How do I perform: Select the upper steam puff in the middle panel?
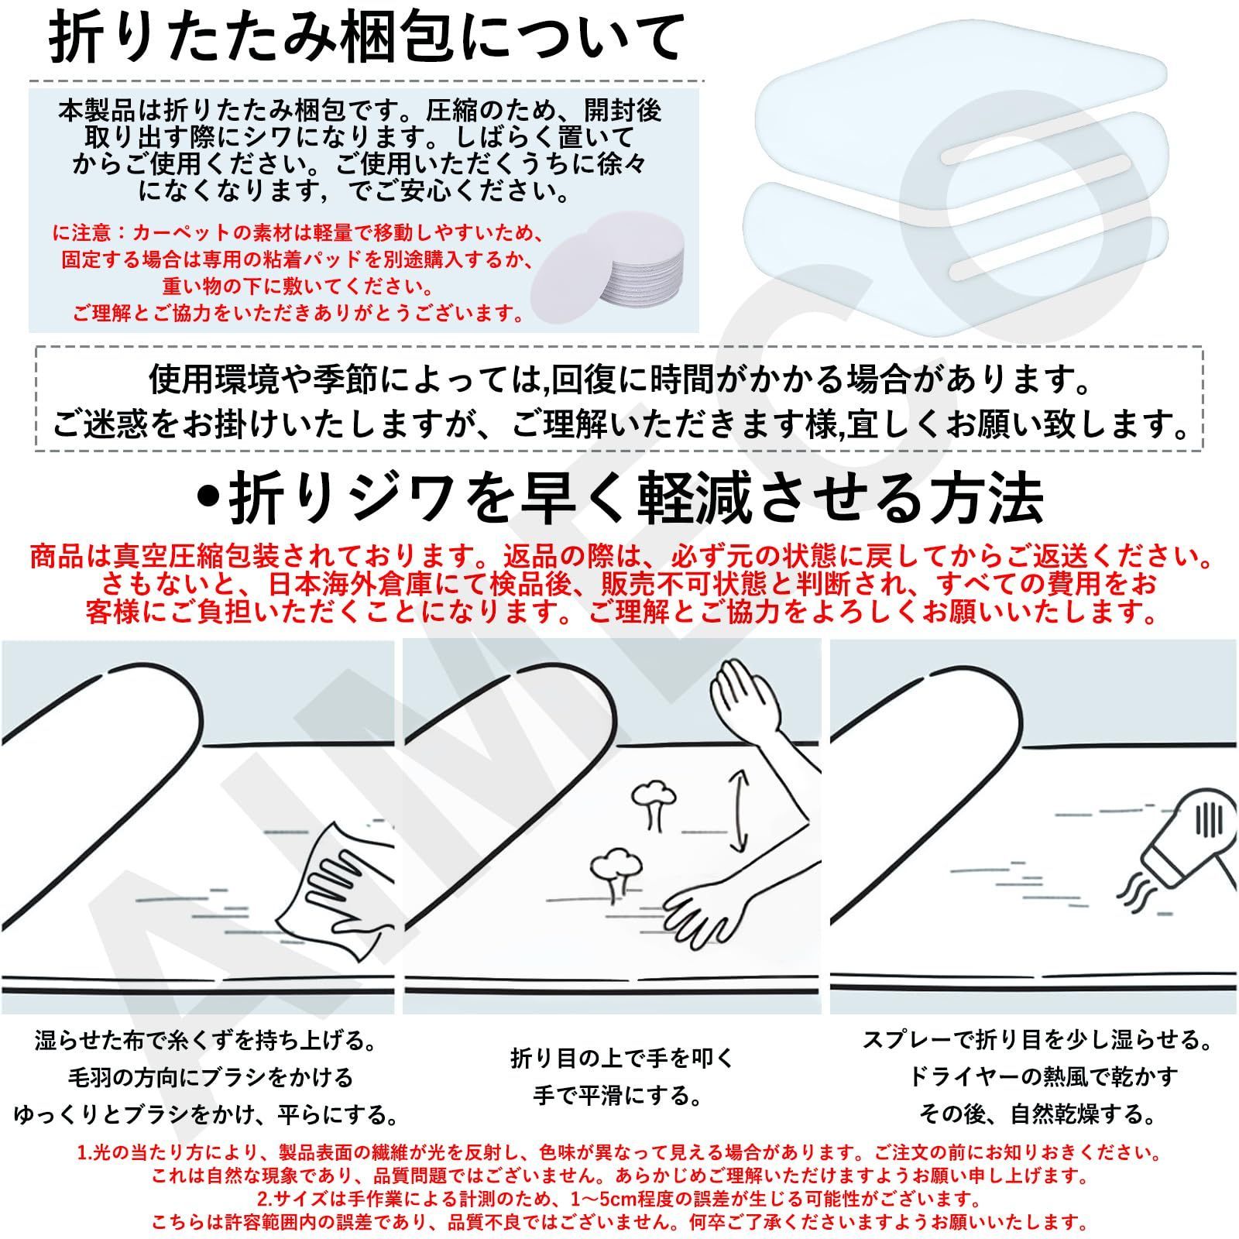(652, 805)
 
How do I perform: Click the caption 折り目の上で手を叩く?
(621, 1058)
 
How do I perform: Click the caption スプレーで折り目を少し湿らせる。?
(1038, 1038)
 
